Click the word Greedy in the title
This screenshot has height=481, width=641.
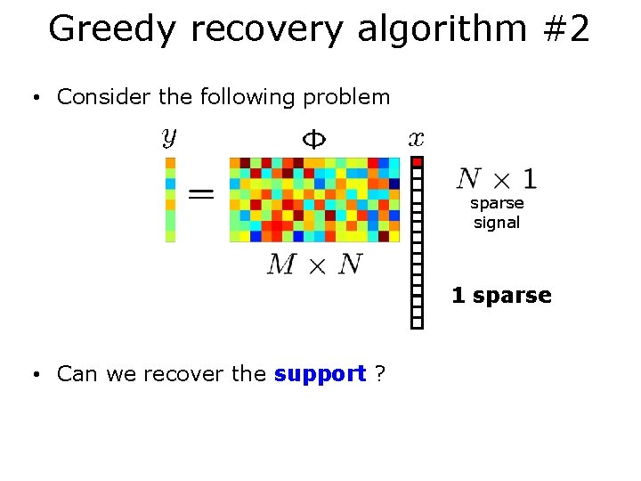113,29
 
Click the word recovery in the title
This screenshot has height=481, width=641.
266,29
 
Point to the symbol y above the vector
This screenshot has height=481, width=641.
169,137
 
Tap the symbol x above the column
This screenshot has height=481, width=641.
416,138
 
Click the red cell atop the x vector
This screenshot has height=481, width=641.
417,162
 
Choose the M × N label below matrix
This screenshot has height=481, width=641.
313,264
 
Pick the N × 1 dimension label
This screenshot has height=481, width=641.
496,179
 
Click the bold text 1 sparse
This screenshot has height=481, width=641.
501,296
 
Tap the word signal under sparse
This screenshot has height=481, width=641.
497,223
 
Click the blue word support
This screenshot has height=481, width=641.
320,374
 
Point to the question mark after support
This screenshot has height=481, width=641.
380,374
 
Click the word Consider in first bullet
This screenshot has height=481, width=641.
100,97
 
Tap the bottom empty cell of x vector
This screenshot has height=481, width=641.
417,322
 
